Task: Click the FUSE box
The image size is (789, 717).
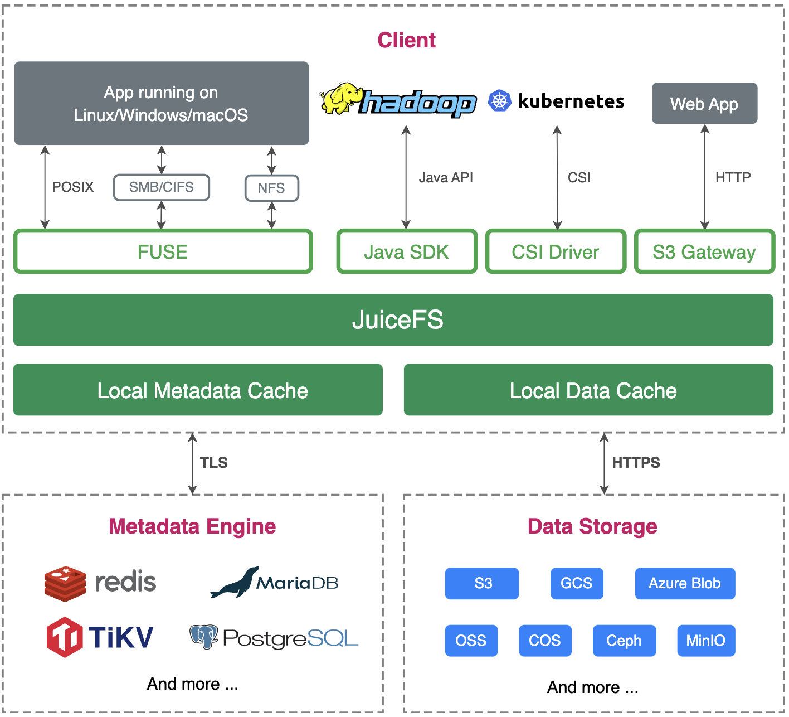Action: pyautogui.click(x=163, y=251)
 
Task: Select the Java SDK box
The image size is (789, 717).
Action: pyautogui.click(x=407, y=251)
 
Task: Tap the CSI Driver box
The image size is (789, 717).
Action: pyautogui.click(x=556, y=251)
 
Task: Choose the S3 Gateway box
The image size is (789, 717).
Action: pyautogui.click(x=705, y=251)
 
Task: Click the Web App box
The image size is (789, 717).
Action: pyautogui.click(x=705, y=103)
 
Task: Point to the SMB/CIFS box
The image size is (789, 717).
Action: pyautogui.click(x=162, y=187)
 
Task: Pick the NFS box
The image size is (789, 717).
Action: pyautogui.click(x=272, y=188)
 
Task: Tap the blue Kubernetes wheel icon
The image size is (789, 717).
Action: pyautogui.click(x=500, y=101)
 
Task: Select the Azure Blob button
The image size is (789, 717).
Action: pyautogui.click(x=685, y=583)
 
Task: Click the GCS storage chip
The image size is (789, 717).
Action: pyautogui.click(x=577, y=583)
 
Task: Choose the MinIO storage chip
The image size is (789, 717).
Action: pyautogui.click(x=707, y=641)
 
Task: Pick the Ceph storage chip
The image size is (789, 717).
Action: pyautogui.click(x=625, y=641)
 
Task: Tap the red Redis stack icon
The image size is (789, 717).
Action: pyautogui.click(x=65, y=584)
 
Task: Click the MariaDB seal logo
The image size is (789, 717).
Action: pyautogui.click(x=235, y=582)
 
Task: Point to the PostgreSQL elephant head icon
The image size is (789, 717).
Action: pyautogui.click(x=204, y=637)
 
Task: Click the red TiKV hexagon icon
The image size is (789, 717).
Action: pyautogui.click(x=65, y=637)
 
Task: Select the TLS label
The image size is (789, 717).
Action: pyautogui.click(x=214, y=463)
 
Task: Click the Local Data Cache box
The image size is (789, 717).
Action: pyautogui.click(x=589, y=390)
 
